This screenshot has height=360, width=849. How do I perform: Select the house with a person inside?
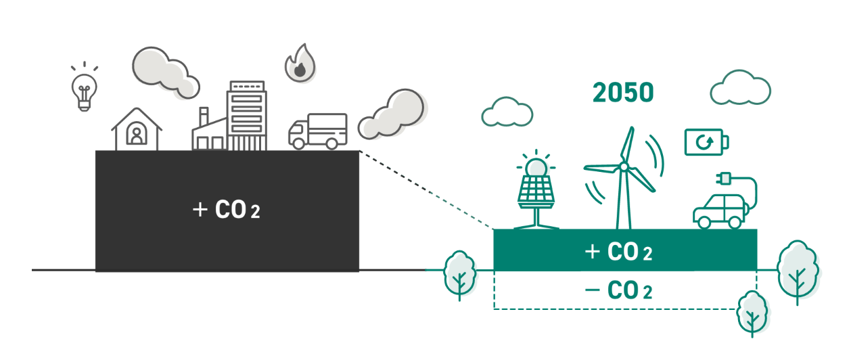[x=137, y=130]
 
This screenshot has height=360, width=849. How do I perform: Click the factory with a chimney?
[x=209, y=132]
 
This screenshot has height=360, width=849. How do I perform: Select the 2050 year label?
[x=623, y=93]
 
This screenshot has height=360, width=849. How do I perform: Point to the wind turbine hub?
[x=623, y=166]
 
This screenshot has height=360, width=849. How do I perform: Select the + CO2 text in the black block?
[x=227, y=210]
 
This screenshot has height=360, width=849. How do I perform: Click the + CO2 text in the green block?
[x=618, y=252]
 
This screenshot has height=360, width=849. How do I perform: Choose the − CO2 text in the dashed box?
[x=618, y=291]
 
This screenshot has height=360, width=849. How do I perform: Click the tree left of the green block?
[x=460, y=273]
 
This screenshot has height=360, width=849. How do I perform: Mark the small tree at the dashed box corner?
[x=751, y=313]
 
